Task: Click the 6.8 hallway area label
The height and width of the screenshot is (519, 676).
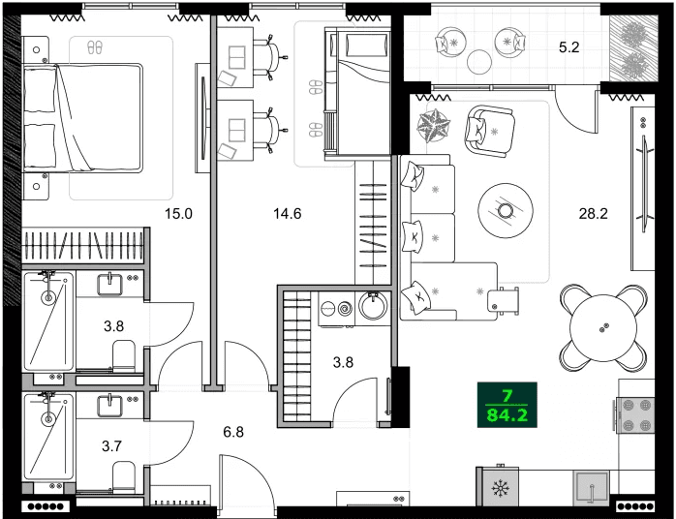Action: click(x=232, y=432)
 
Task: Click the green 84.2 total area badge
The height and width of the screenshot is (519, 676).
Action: click(x=507, y=405)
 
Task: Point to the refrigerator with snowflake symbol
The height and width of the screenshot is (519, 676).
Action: click(x=501, y=486)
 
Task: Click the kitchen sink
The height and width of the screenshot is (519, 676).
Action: click(x=591, y=486)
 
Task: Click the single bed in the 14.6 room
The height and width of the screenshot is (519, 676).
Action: click(x=355, y=92)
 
